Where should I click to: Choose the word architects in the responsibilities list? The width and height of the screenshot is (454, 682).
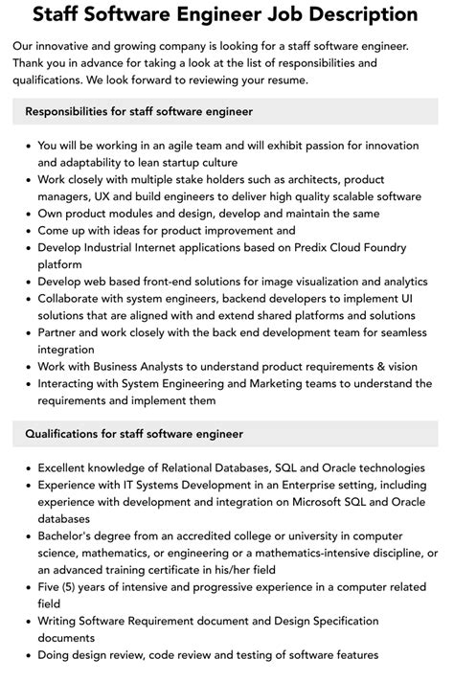coord(313,179)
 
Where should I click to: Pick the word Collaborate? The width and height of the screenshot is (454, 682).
coord(73,298)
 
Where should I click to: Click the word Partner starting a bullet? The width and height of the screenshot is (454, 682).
coord(62,332)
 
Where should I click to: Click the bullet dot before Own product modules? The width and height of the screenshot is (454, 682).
coord(27,214)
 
